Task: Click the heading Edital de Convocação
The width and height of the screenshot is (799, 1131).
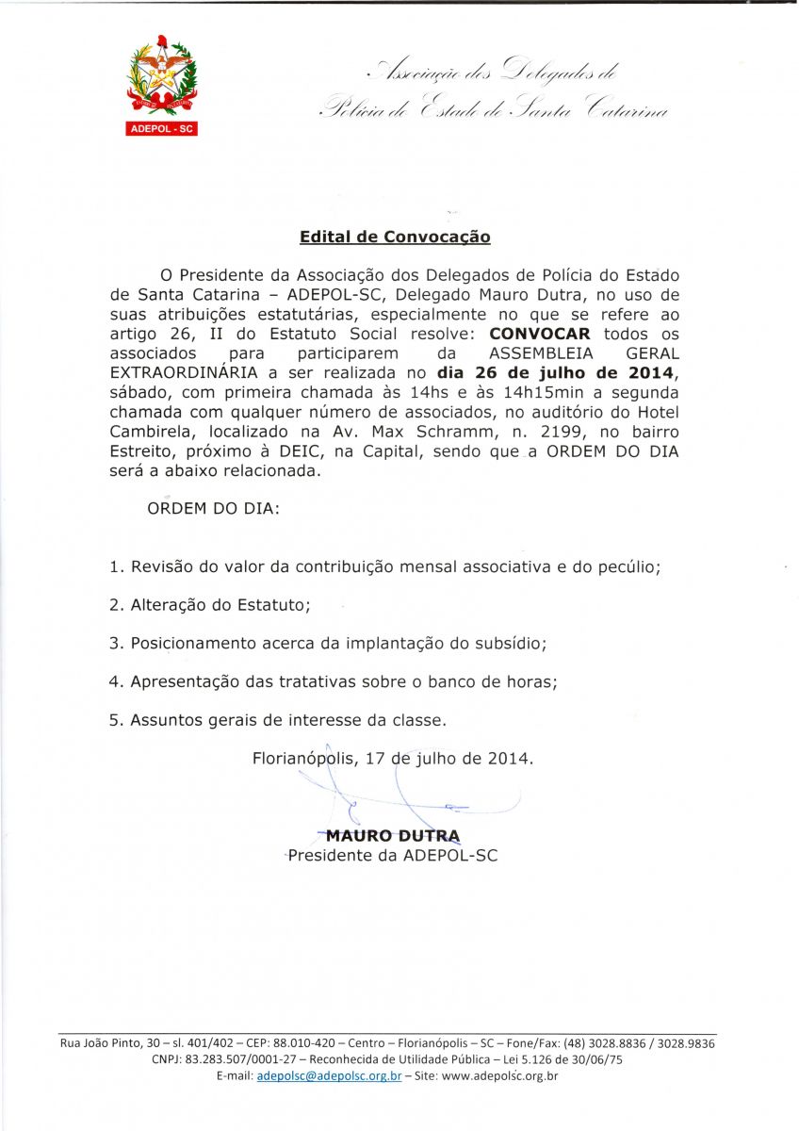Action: coord(395,238)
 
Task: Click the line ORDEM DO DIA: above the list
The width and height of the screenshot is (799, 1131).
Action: coord(212,508)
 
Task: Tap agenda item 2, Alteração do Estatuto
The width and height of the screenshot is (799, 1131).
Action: coord(209,605)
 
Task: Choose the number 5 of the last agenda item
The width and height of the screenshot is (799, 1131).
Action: coord(114,721)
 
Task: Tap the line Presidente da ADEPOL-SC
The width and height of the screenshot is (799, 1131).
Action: coord(392,856)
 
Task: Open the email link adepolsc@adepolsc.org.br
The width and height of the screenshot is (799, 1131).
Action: coord(329,1075)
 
